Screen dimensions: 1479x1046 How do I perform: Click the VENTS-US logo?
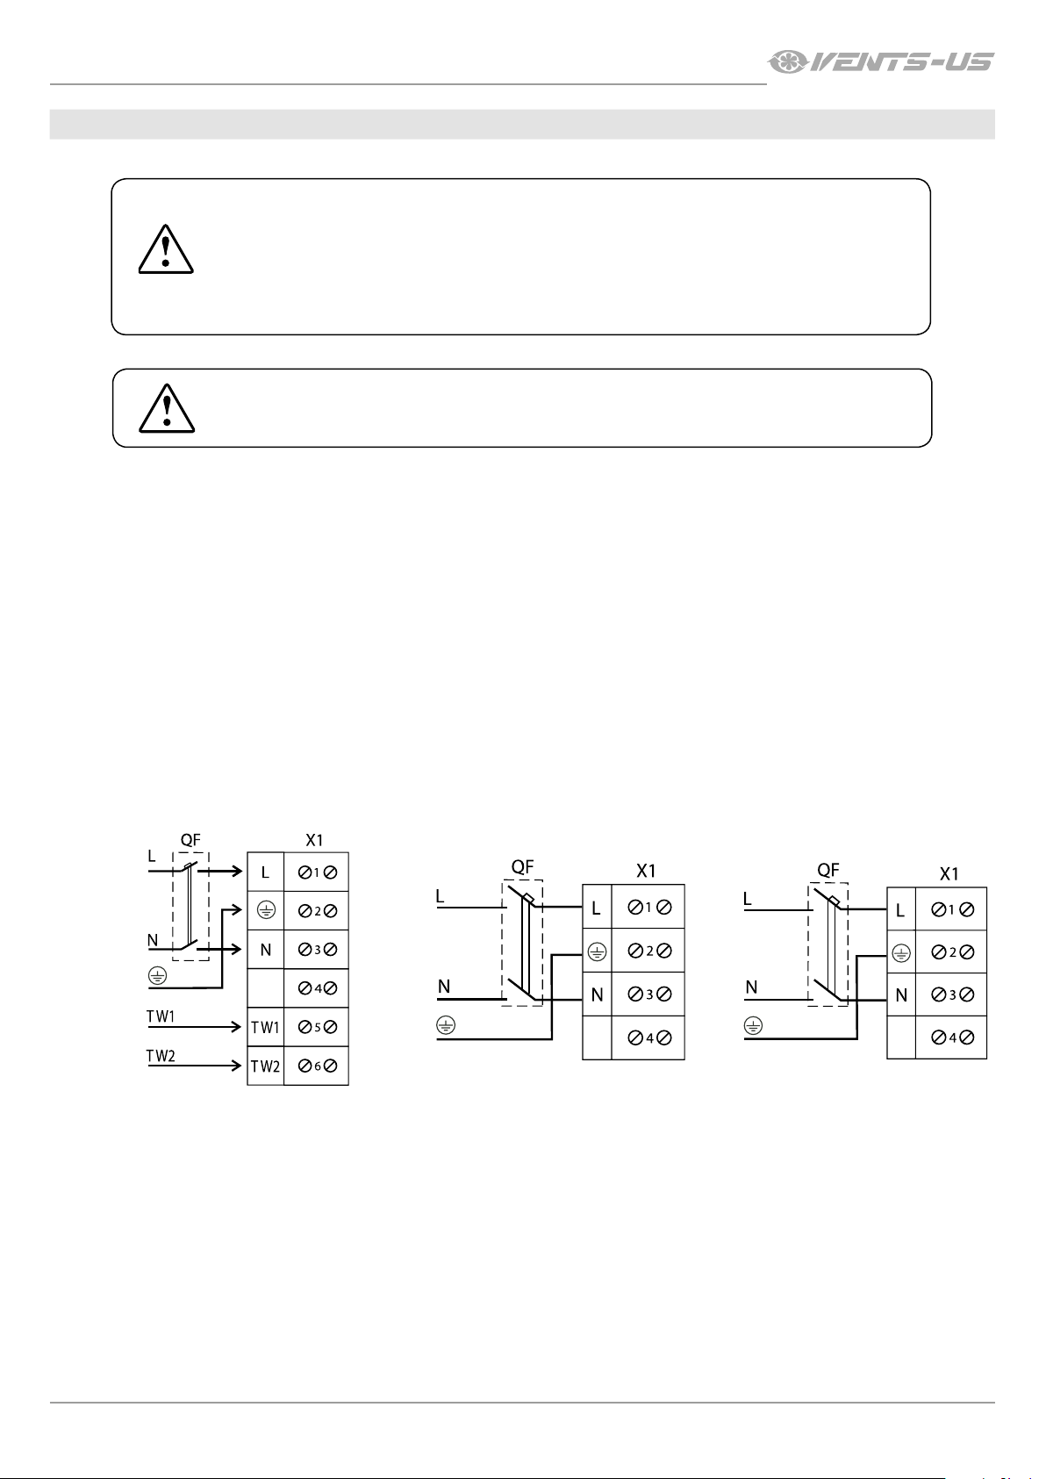tap(880, 61)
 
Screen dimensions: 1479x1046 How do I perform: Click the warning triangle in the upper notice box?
tap(165, 249)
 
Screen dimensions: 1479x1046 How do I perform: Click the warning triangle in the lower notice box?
tap(167, 408)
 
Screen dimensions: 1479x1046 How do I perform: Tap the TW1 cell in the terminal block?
tap(265, 1028)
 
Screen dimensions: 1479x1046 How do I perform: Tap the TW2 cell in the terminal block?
tap(265, 1066)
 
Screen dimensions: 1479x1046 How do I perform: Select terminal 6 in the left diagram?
tap(317, 1066)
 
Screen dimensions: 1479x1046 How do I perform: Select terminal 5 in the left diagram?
tap(317, 1028)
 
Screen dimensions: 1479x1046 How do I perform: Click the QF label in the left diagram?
tap(190, 840)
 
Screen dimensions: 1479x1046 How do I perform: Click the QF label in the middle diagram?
tap(522, 867)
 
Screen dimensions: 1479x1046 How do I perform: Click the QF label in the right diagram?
tap(827, 870)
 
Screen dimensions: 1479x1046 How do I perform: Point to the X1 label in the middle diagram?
tap(646, 871)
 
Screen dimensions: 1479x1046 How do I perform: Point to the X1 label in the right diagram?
tap(949, 873)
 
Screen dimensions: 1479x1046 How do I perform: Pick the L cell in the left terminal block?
tap(265, 873)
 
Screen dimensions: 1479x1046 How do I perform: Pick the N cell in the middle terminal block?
tap(597, 995)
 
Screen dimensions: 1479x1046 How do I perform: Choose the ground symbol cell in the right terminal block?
tap(900, 952)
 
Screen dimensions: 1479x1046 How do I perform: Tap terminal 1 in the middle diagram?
tap(648, 908)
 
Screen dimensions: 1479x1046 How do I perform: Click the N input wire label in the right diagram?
tap(751, 987)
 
